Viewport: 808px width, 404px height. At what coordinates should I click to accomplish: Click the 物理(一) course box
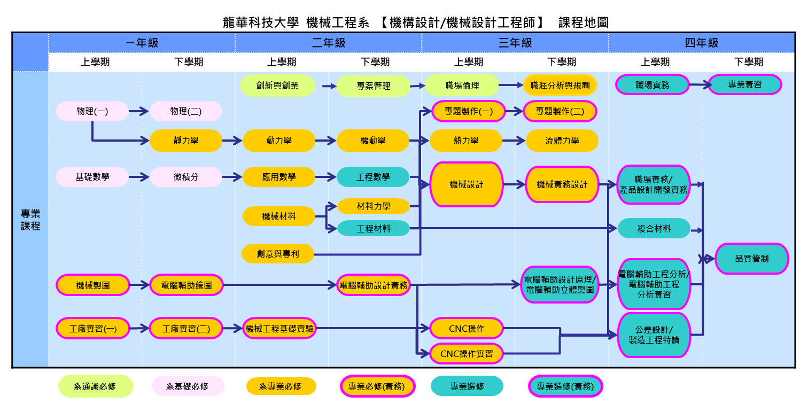point(92,111)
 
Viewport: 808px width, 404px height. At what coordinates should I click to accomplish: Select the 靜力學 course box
point(186,141)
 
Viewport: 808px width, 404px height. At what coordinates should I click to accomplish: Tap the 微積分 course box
point(186,176)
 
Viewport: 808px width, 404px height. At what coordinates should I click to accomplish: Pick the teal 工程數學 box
point(373,176)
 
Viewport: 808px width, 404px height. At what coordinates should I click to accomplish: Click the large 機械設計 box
point(466,184)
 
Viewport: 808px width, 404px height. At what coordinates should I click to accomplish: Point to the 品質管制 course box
point(751,259)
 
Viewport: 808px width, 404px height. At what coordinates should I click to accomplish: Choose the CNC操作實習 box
point(467,353)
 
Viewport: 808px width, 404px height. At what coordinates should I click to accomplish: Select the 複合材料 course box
point(654,228)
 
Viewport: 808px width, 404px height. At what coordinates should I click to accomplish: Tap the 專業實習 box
point(745,84)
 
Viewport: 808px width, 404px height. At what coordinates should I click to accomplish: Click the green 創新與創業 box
point(277,86)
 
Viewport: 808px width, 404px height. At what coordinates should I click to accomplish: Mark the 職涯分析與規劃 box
point(560,85)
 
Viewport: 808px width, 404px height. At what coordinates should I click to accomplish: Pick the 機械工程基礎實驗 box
point(279,328)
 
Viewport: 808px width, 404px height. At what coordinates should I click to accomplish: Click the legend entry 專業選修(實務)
point(565,386)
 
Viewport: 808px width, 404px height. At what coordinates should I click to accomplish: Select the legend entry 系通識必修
point(95,386)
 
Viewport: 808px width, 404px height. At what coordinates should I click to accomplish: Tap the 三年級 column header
point(515,43)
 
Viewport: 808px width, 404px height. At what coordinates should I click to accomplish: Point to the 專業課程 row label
point(30,220)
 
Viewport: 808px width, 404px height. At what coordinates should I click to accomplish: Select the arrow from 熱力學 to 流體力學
point(514,141)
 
